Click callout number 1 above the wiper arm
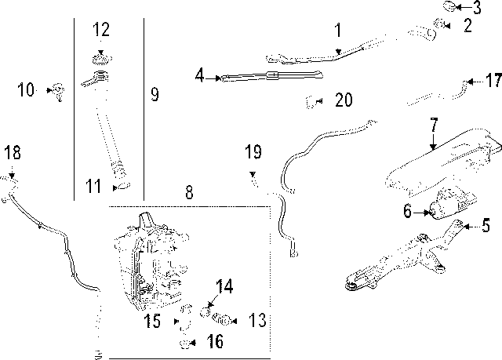[x=338, y=31]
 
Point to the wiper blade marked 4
[x=271, y=76]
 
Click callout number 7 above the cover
[x=433, y=125]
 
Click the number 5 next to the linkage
[x=486, y=227]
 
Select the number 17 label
[x=493, y=81]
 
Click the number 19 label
[x=252, y=151]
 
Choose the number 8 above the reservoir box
[x=188, y=191]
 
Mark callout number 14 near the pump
[x=224, y=287]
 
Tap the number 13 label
[x=257, y=320]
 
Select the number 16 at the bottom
[x=213, y=341]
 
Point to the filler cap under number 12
[x=100, y=59]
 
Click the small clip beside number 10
[x=58, y=90]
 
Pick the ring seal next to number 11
[x=122, y=187]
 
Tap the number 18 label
[x=10, y=151]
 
